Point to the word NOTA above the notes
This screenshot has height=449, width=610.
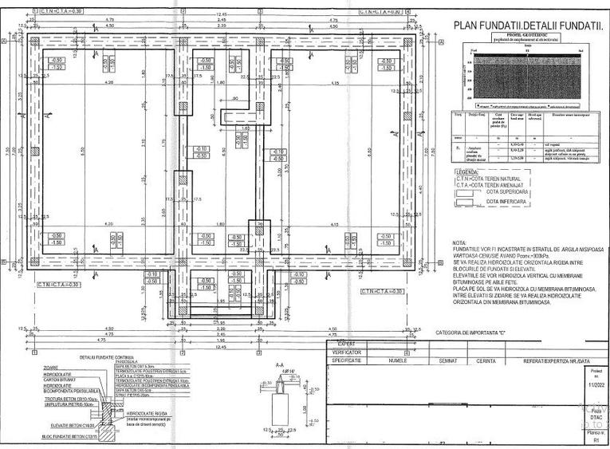[x=458, y=242]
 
